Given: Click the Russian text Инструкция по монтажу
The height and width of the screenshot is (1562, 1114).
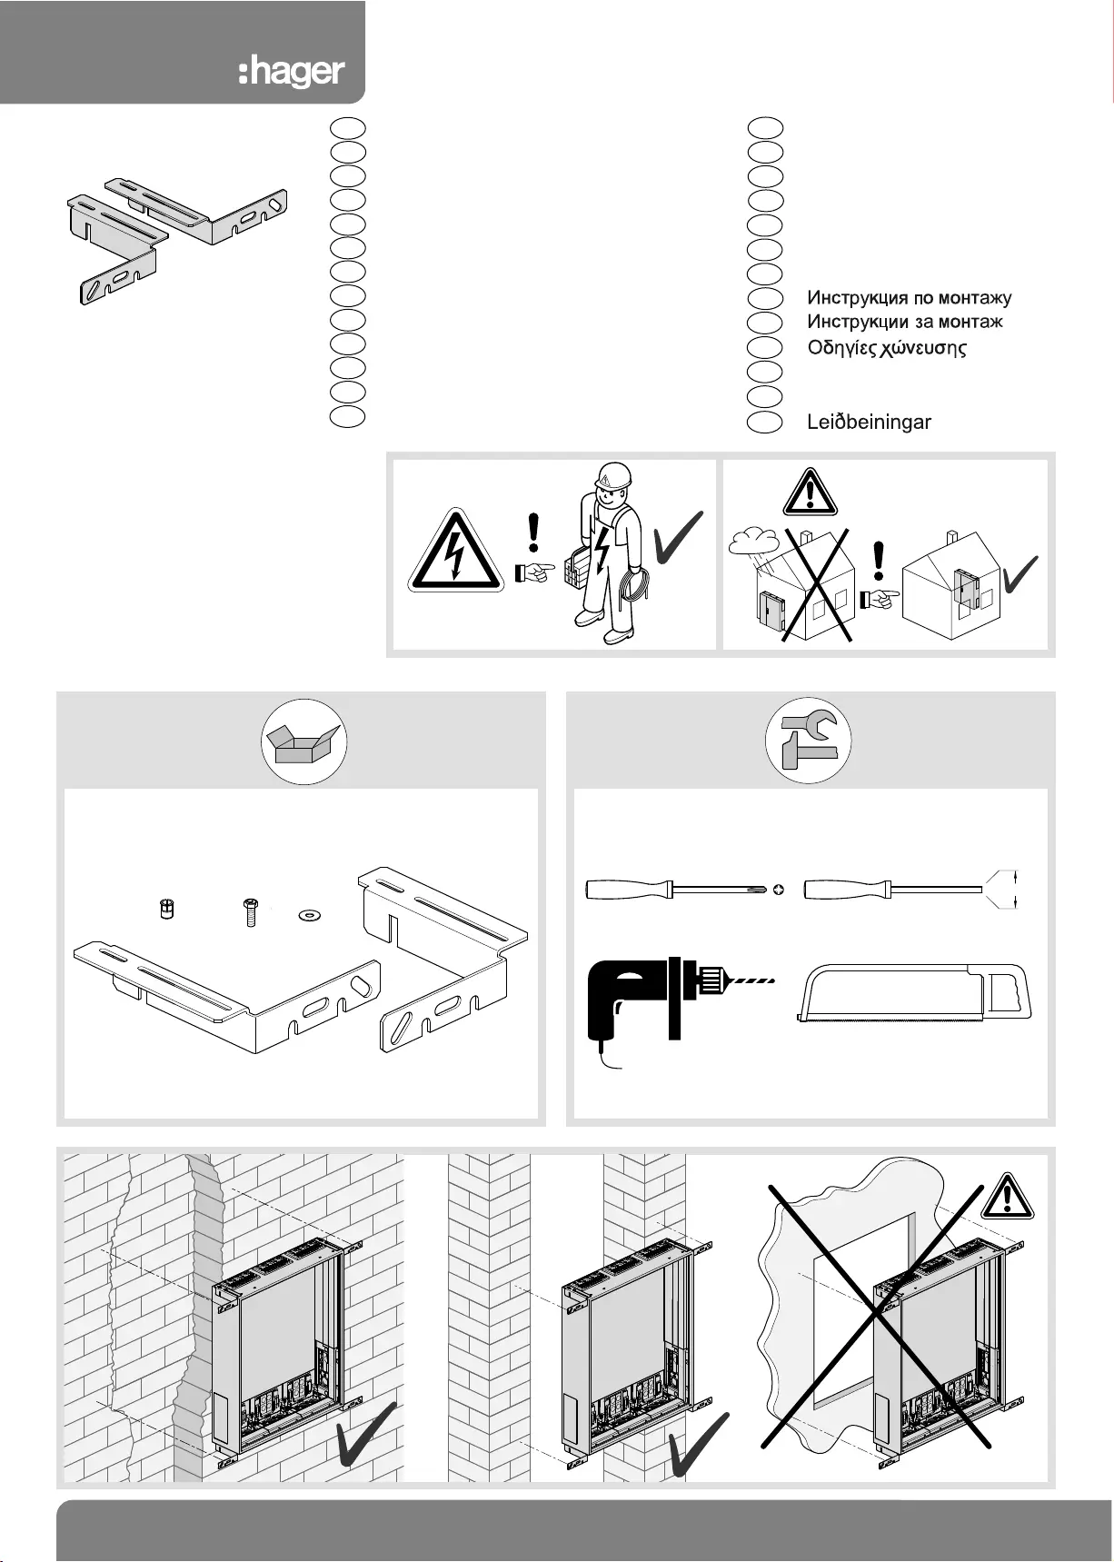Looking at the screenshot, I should coord(909,298).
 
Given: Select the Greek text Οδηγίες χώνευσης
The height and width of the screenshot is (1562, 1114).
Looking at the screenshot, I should coord(887,348).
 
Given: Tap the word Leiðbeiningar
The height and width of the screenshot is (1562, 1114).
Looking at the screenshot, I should coord(869,422).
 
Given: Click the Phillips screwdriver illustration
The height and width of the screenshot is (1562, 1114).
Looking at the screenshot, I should coord(677,890).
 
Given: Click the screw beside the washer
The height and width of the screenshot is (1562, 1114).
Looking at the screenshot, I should coord(250,910).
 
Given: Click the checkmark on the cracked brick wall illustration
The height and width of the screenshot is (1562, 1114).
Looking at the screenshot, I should coord(365,1433).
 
